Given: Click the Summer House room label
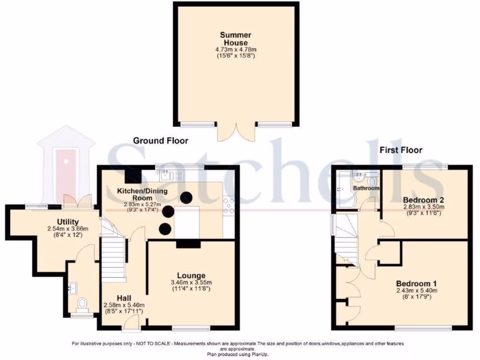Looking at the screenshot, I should (x=237, y=38).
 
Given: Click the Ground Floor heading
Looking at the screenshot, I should (x=160, y=141).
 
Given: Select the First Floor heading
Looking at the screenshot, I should (x=401, y=150).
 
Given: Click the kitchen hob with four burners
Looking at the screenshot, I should (x=229, y=206).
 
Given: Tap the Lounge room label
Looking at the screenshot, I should (x=191, y=275).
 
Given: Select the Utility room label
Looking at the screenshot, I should (x=68, y=222).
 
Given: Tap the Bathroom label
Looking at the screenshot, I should (x=366, y=188).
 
